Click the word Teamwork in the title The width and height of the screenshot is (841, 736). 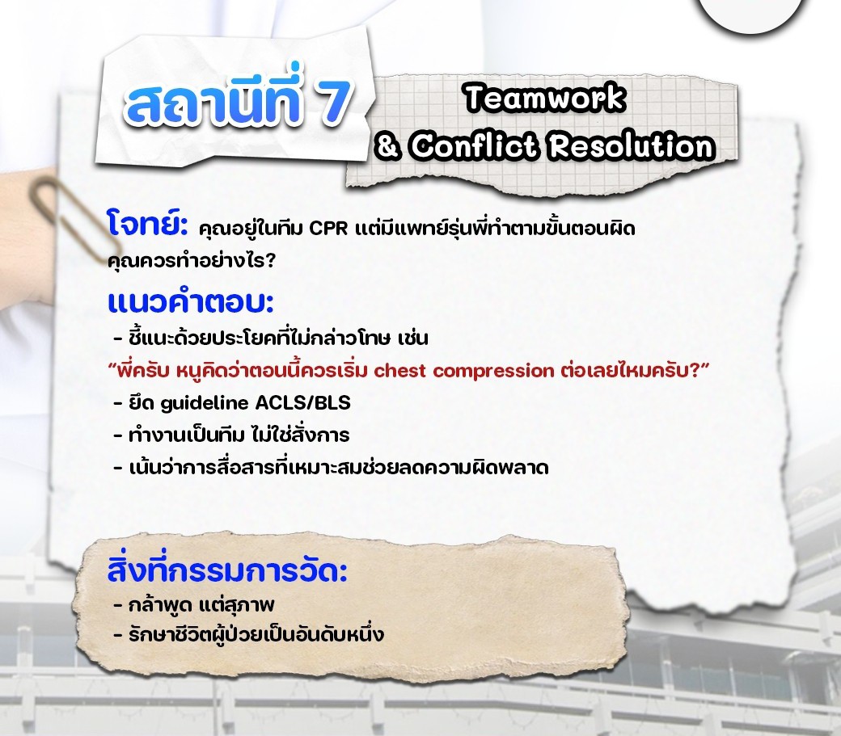point(545,99)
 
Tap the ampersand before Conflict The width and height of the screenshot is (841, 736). point(388,145)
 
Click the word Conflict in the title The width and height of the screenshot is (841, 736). point(474,145)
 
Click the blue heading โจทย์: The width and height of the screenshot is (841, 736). point(147,224)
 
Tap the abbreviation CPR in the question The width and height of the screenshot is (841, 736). point(329,228)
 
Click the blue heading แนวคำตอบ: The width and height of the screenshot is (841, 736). point(190,301)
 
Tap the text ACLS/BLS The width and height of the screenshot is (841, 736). point(302,402)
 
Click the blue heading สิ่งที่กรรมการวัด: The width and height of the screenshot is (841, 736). point(227,570)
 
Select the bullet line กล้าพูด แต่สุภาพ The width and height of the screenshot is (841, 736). point(194,605)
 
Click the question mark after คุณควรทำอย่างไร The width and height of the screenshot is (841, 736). point(269,261)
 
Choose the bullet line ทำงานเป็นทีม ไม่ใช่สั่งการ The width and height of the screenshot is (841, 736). point(232,435)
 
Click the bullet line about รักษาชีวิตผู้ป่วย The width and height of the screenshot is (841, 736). point(249,634)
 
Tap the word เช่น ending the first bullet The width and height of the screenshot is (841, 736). point(413,338)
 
